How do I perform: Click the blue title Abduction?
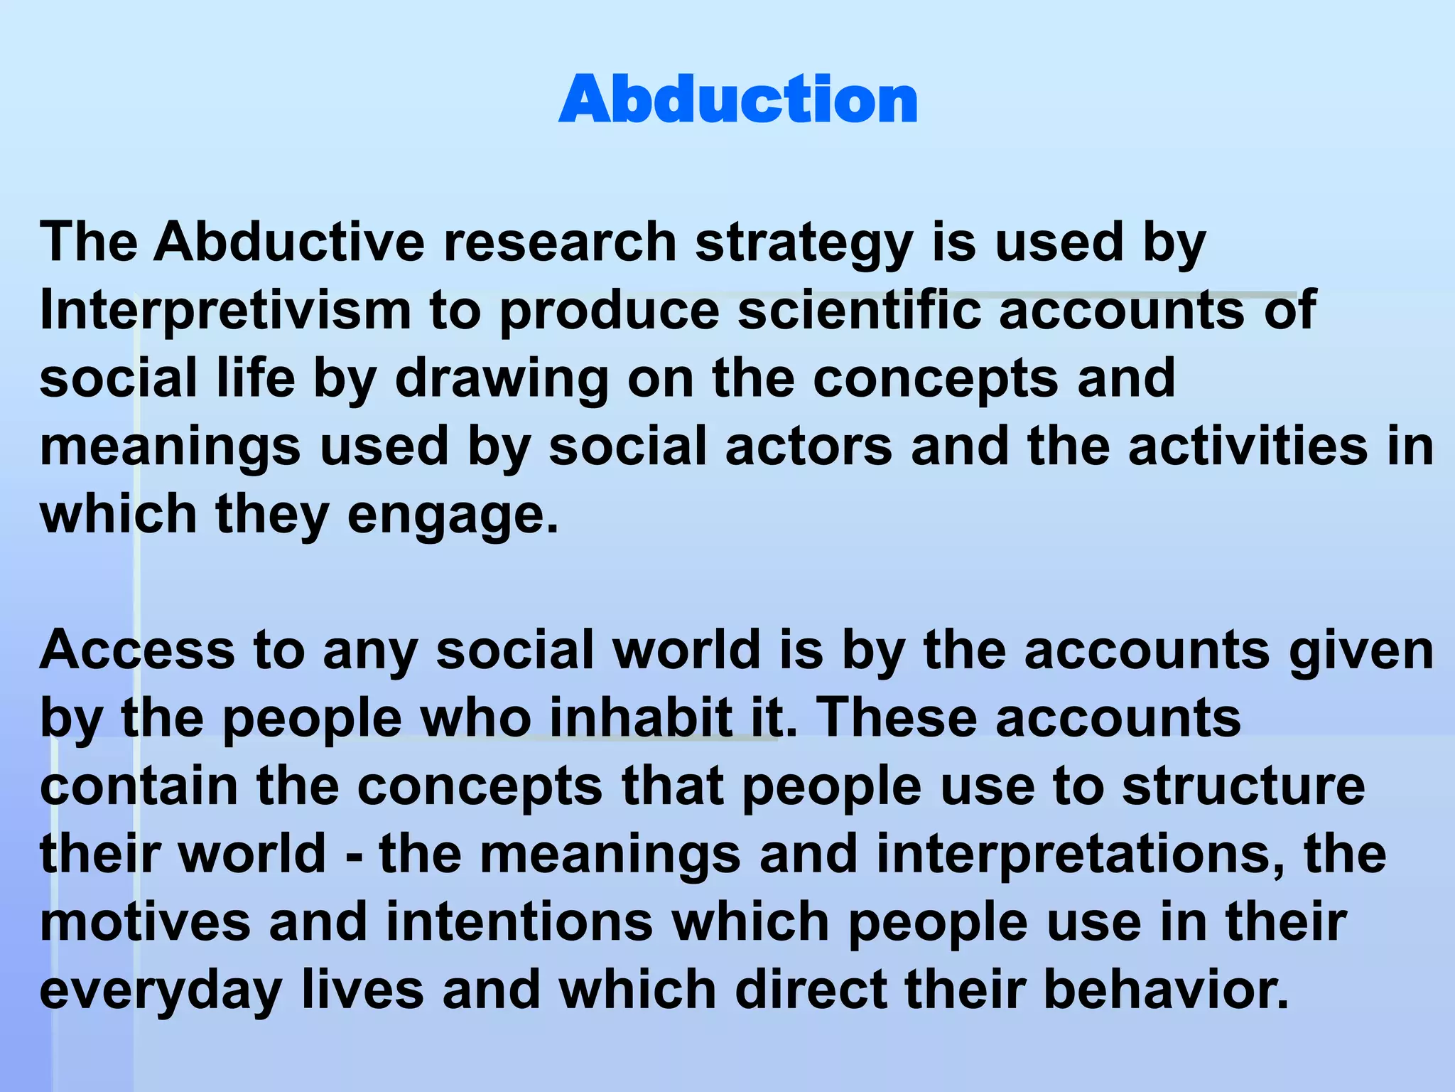coord(738,100)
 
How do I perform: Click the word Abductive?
coord(289,242)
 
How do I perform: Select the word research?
coord(560,242)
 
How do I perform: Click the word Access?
coord(137,650)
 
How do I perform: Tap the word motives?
coord(146,922)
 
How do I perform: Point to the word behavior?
coord(1166,990)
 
